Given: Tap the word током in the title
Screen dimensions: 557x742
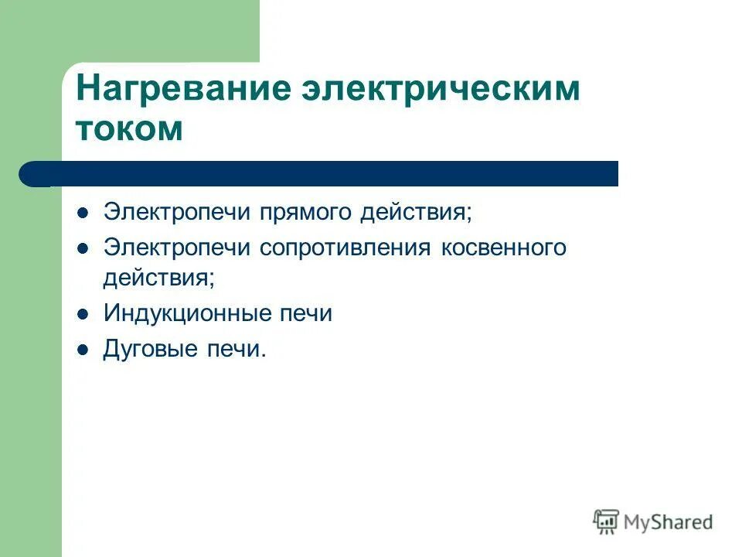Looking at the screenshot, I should pyautogui.click(x=129, y=128).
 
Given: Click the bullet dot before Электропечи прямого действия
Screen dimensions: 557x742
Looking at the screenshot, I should pyautogui.click(x=83, y=212).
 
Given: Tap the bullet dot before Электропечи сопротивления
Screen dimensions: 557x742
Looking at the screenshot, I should pyautogui.click(x=83, y=248).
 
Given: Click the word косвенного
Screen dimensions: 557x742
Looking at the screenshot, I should pyautogui.click(x=504, y=248).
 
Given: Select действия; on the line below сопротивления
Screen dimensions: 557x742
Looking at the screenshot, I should pyautogui.click(x=158, y=277).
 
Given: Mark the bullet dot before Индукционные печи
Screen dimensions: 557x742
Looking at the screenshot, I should pyautogui.click(x=83, y=314).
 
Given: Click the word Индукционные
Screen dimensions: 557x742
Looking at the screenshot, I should pyautogui.click(x=185, y=313).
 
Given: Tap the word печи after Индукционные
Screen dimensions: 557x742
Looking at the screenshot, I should pyautogui.click(x=305, y=313).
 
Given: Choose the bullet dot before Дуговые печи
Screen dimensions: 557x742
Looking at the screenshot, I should pyautogui.click(x=83, y=350).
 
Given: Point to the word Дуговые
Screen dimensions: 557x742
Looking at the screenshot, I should pyautogui.click(x=148, y=350).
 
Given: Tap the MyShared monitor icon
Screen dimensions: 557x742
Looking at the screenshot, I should pyautogui.click(x=606, y=522).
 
